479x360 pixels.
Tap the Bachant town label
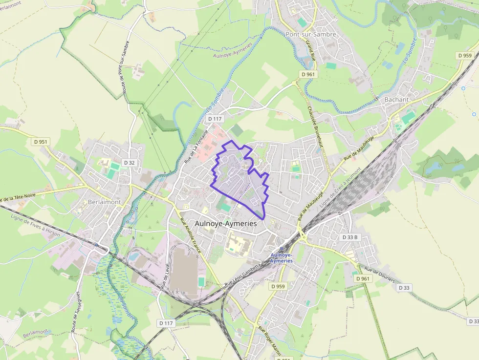[x=396, y=99]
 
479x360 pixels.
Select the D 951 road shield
[x=41, y=142]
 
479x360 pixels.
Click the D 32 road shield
[x=129, y=162]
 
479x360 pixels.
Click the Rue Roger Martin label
[x=269, y=341]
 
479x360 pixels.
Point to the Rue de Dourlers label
[x=379, y=276]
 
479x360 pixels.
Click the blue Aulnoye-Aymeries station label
[x=281, y=257]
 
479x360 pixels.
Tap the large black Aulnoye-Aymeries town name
[x=225, y=223]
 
